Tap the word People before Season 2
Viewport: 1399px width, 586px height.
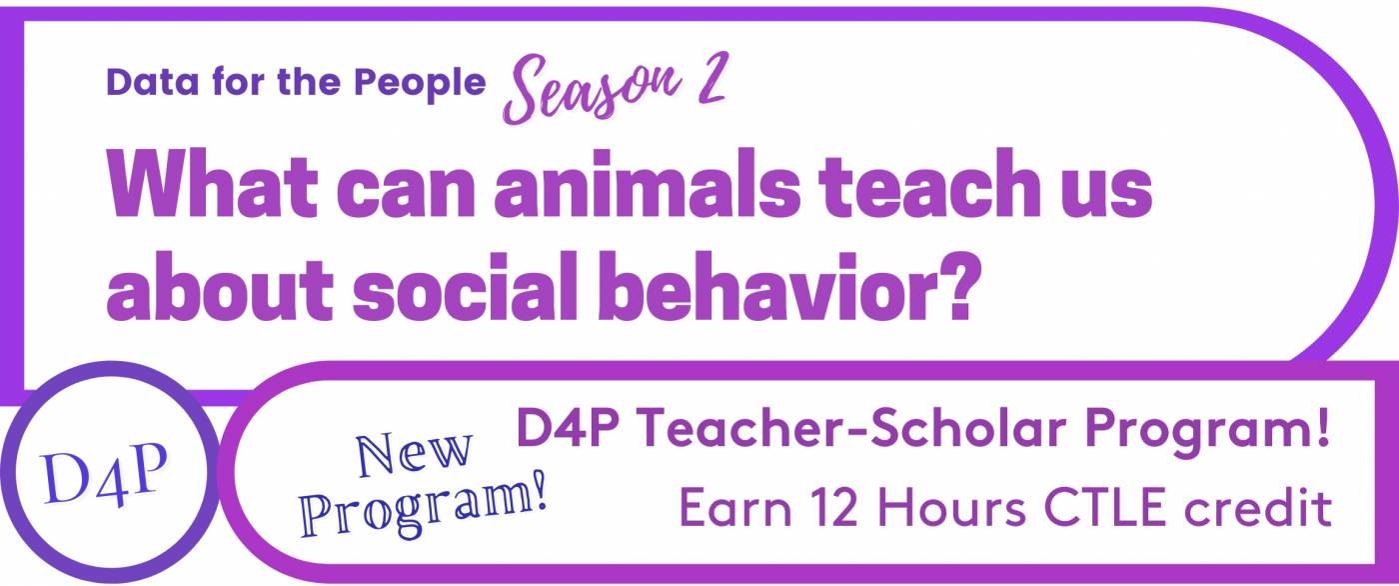[x=420, y=84]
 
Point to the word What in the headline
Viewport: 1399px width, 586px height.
[x=212, y=183]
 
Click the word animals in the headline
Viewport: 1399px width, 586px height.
[x=648, y=183]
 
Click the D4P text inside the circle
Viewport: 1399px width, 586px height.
[x=104, y=475]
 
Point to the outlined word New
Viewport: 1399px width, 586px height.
[x=414, y=454]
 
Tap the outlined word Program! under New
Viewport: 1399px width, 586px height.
[x=424, y=506]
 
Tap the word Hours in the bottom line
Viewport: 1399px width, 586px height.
[x=951, y=507]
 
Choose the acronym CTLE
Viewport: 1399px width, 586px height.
[x=1105, y=507]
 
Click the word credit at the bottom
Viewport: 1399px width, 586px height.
[x=1258, y=507]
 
